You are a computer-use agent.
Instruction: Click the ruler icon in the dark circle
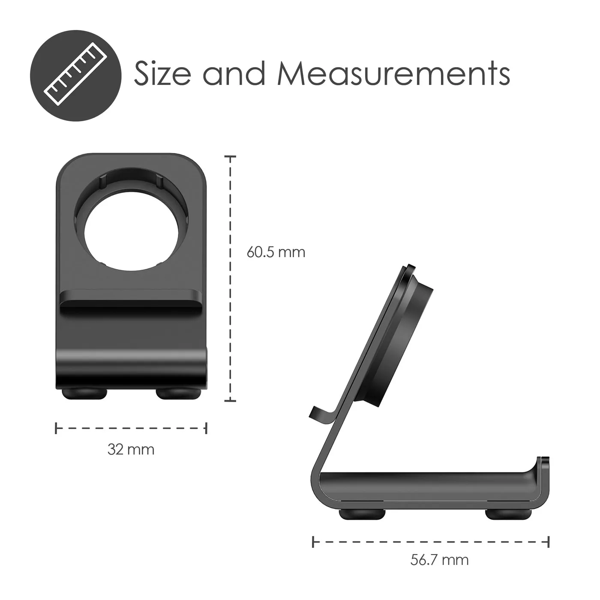pos(75,75)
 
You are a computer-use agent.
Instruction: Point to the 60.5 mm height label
pos(276,252)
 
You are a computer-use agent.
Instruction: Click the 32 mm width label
pos(131,450)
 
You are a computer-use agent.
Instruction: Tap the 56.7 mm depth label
pos(439,560)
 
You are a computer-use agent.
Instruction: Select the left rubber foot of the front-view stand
pos(84,393)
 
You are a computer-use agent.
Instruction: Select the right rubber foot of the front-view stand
pos(178,393)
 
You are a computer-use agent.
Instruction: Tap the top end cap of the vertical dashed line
pos(231,157)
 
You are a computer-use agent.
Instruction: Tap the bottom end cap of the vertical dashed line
pos(231,401)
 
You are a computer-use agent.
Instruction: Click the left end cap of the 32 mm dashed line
pos(56,428)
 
